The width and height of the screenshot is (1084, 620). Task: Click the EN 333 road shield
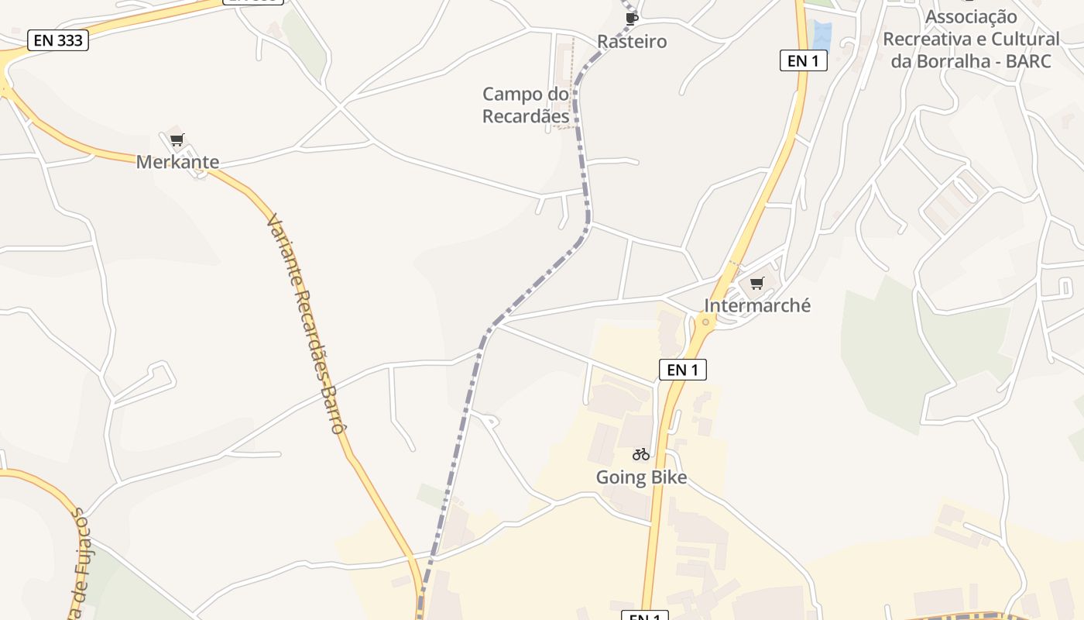pyautogui.click(x=58, y=40)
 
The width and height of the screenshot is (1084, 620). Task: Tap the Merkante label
pyautogui.click(x=177, y=162)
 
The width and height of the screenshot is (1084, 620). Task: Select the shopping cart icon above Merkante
pyautogui.click(x=177, y=140)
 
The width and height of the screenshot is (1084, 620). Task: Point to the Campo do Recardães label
pyautogui.click(x=526, y=105)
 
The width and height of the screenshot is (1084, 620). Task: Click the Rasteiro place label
pyautogui.click(x=632, y=42)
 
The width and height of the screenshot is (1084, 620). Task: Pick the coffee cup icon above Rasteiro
pyautogui.click(x=632, y=18)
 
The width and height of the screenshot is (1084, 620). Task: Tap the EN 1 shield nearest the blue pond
pyautogui.click(x=803, y=60)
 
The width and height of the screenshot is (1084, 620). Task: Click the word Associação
pyautogui.click(x=971, y=16)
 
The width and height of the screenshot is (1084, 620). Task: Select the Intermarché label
pyautogui.click(x=757, y=305)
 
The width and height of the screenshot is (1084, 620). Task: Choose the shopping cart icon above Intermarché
pyautogui.click(x=757, y=283)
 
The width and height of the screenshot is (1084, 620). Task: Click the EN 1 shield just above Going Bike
pyautogui.click(x=682, y=370)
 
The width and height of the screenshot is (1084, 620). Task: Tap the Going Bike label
pyautogui.click(x=641, y=477)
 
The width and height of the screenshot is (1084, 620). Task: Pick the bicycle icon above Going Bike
pyautogui.click(x=641, y=454)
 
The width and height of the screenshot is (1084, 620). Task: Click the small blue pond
pyautogui.click(x=822, y=36)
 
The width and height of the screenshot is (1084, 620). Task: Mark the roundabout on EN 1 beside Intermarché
pyautogui.click(x=705, y=321)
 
